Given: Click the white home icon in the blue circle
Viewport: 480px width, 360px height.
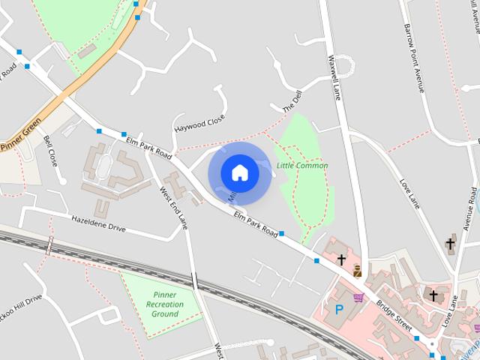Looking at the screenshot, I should pos(239,173).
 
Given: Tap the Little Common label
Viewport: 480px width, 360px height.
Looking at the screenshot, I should pos(302,166).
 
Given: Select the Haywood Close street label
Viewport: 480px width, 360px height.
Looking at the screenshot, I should pos(199,124).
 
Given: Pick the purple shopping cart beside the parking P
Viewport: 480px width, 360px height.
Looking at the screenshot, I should pos(359,298).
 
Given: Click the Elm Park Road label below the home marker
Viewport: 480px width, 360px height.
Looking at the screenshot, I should pos(256,223).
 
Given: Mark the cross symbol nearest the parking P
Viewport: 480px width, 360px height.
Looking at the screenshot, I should pos(341,259).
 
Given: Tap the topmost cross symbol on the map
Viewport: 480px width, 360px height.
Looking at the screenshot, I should pos(451,243).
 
